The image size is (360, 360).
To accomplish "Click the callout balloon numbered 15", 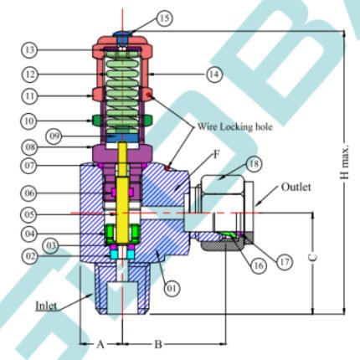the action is point(164,18).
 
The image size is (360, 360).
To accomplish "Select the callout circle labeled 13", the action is point(29,50).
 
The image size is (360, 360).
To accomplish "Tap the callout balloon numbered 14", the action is point(214,75).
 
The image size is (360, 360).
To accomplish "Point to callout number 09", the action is point(54,136).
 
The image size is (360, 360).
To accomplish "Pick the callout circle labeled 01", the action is point(172,287).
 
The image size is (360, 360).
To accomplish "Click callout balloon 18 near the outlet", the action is point(254,164).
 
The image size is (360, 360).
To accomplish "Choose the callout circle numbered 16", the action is point(258,265).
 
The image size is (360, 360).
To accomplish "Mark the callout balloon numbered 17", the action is point(284,261).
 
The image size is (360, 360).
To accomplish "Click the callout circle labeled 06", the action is point(29,193).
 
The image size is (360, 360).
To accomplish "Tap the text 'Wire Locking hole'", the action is point(234,126).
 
